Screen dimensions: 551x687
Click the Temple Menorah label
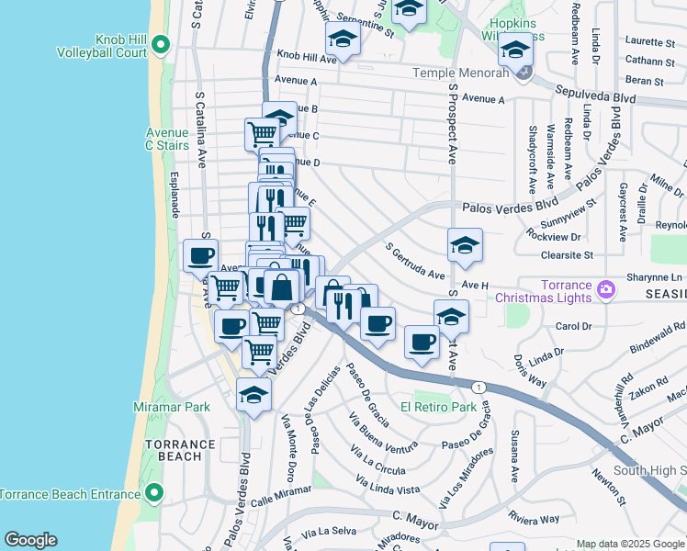point(460,73)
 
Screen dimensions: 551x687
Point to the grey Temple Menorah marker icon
point(522,73)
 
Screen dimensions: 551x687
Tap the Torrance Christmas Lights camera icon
point(605,290)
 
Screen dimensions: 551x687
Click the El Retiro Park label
point(438,406)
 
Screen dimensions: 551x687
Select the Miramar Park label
point(173,407)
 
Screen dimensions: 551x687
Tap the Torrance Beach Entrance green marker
point(153,495)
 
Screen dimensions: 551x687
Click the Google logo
point(30,540)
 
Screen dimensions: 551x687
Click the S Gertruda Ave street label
point(416,261)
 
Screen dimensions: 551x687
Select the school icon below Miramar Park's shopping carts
point(253,395)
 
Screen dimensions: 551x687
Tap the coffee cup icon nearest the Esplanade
point(200,256)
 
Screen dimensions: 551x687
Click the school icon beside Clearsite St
point(465,244)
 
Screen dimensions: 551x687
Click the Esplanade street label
point(175,194)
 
